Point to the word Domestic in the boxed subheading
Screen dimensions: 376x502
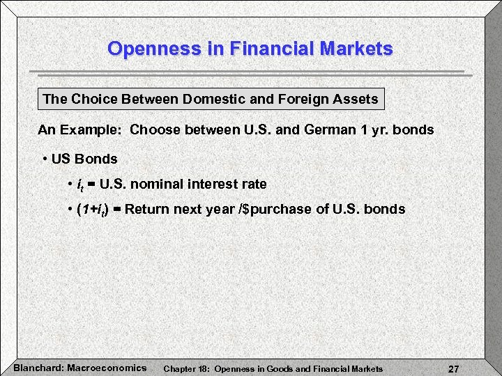pos(210,99)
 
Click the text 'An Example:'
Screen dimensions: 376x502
pos(80,130)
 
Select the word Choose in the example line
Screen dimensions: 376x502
pos(155,130)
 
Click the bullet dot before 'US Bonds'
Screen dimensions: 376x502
pos(45,159)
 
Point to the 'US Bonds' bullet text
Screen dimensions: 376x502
pos(84,159)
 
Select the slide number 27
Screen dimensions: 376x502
pos(453,368)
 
